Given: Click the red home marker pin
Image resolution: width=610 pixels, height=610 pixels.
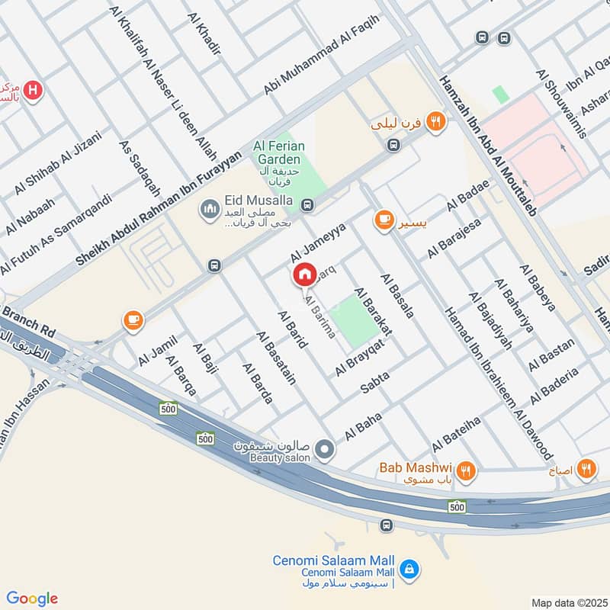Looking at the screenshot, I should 304,274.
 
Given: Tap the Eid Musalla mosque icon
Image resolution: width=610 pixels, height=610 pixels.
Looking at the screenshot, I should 210,207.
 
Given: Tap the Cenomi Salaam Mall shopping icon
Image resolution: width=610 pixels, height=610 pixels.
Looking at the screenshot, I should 409,569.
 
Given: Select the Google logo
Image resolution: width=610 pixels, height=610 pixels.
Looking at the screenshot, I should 32,599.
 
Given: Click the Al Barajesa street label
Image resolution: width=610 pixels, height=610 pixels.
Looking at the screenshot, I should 454,237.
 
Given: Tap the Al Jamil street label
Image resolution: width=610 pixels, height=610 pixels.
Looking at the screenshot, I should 158,349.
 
